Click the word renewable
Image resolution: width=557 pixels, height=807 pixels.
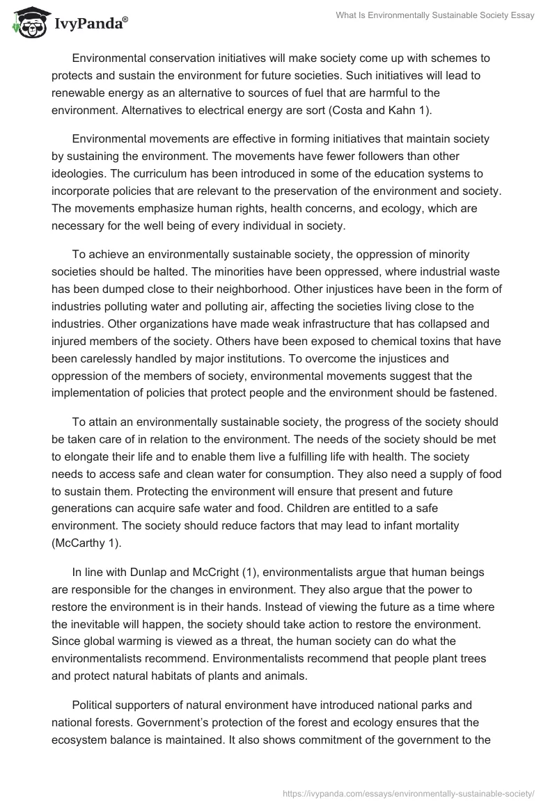pos(78,93)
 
